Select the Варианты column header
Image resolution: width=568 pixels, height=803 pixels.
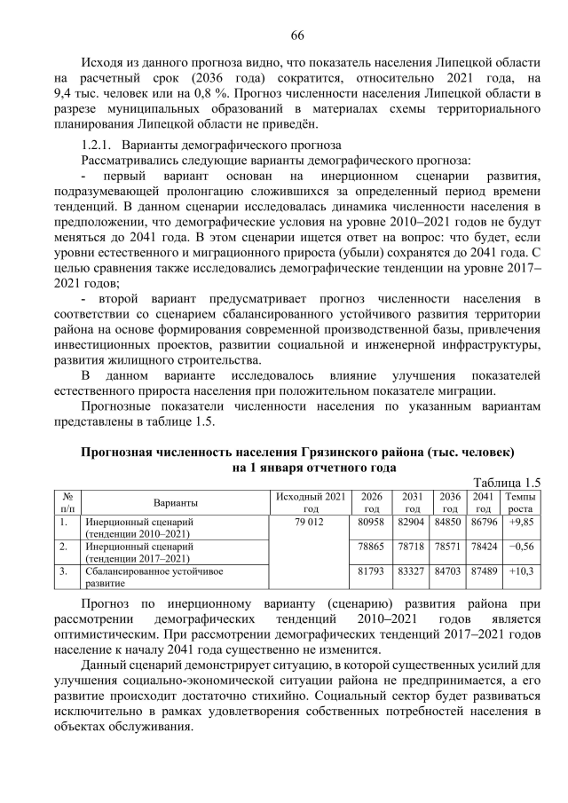[x=175, y=502]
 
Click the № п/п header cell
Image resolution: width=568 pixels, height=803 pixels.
[x=67, y=502]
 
